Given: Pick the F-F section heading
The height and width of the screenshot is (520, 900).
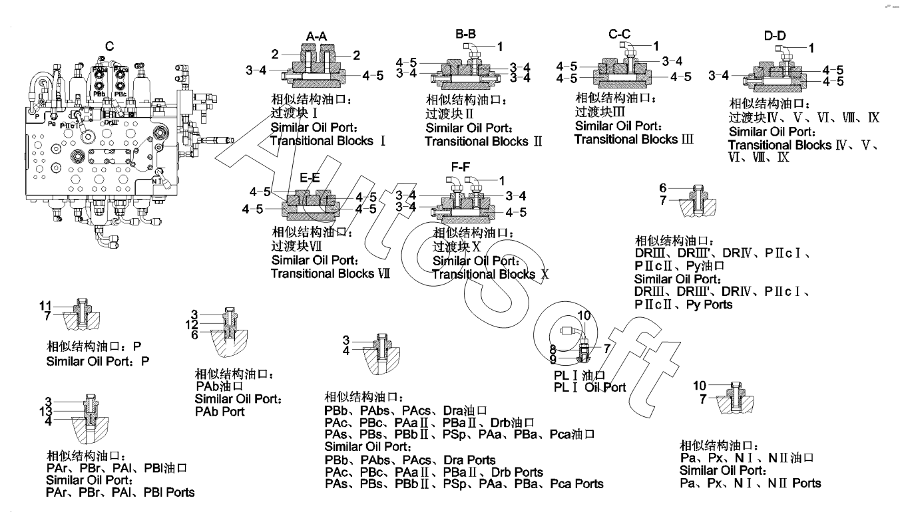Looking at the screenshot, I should tap(462, 168).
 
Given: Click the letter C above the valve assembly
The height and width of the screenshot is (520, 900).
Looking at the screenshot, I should tap(109, 46).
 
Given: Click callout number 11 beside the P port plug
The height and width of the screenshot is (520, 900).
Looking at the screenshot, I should tap(45, 305).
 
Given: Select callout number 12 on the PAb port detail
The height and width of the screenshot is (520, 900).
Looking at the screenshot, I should tap(192, 325).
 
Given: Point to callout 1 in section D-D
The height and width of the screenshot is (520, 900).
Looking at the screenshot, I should tap(811, 47).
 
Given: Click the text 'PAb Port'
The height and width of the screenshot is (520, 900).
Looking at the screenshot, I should tap(220, 412).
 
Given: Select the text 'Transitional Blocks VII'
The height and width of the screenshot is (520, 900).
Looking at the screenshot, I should tap(330, 273).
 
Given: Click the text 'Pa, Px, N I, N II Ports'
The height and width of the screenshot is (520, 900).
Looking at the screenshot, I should tap(750, 483).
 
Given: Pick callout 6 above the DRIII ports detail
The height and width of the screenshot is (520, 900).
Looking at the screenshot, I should tap(663, 188).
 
